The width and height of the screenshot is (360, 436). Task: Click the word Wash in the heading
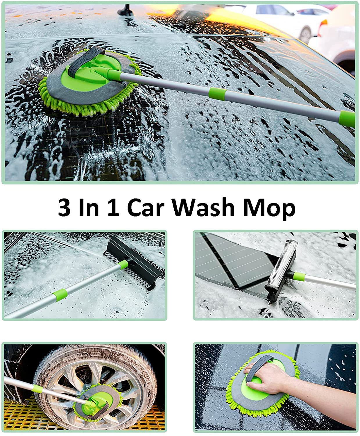coord(203,207)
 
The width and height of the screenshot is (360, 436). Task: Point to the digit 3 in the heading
coord(64,207)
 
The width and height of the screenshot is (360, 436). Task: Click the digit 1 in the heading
coord(114,207)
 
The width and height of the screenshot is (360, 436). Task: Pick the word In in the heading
coord(89,207)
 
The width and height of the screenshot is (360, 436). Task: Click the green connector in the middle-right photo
coord(298,276)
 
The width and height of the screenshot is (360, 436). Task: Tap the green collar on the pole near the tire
coord(37,389)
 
